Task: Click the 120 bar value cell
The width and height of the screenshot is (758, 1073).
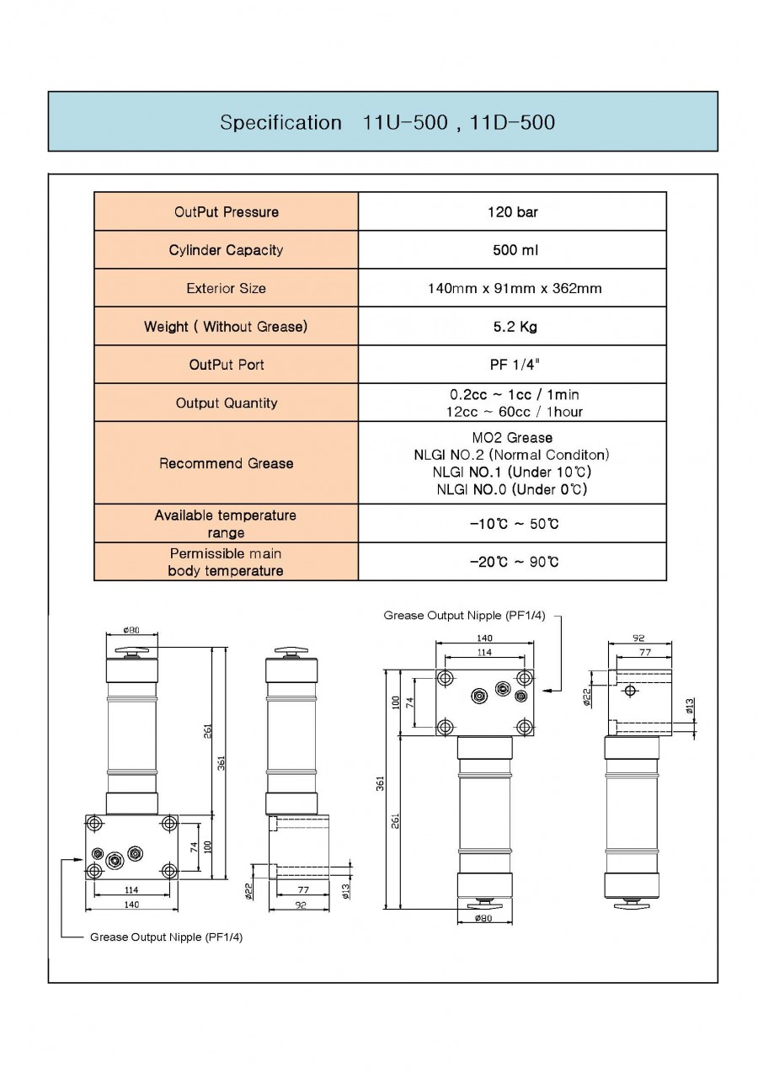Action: pos(512,211)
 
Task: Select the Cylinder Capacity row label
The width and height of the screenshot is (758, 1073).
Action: pos(226,250)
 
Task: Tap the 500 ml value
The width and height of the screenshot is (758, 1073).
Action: pos(515,250)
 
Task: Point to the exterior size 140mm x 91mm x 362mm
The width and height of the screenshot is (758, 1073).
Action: pos(515,288)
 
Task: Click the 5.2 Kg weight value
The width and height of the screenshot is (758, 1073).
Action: pos(515,327)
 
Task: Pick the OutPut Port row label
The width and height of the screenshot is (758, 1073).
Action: pos(227,365)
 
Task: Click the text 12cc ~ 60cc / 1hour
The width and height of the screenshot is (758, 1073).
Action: pos(515,412)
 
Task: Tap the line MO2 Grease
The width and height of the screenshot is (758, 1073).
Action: pos(512,437)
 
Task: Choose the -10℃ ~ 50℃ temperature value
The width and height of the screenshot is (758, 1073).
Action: pos(514,524)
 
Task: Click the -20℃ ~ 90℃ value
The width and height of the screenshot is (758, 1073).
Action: pos(514,562)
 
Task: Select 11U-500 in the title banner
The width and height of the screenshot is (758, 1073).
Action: pos(405,122)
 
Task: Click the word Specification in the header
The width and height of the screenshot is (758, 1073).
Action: pos(280,123)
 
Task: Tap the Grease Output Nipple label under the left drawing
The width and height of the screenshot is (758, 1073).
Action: pos(166,937)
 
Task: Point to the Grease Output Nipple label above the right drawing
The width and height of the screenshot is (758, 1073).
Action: pos(464,615)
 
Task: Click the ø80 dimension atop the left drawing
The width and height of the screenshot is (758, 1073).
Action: pos(131,630)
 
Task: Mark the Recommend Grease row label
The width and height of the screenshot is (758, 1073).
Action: pos(227,463)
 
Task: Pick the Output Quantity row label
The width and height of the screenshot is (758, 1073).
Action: pos(227,403)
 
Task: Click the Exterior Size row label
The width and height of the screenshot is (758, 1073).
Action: pos(226,288)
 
